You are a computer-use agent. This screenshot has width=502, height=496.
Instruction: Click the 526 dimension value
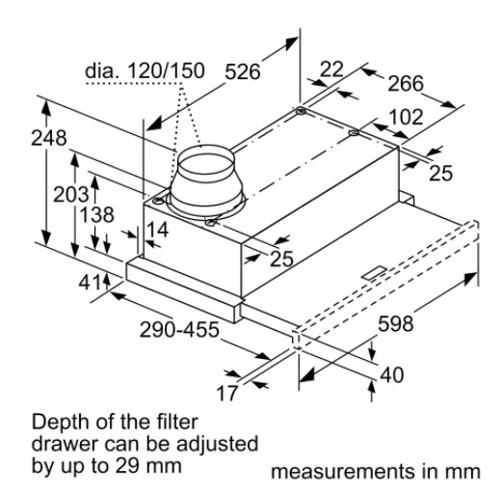242,71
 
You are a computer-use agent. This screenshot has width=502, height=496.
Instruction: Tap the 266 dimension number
406,83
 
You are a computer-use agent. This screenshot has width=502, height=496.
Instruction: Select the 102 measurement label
406,117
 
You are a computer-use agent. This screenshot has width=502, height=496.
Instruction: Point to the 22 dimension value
331,69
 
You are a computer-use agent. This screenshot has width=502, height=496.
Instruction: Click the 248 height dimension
49,138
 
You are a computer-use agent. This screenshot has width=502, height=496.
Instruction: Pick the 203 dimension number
70,195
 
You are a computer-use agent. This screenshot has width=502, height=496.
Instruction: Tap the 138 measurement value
96,215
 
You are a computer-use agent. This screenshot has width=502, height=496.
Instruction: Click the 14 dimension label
157,230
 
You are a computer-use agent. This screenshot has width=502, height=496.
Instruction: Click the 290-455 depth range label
179,329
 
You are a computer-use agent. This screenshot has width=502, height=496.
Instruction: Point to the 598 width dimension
395,323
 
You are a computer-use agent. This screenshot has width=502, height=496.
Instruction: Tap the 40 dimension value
392,375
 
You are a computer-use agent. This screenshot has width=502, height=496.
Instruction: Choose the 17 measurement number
227,393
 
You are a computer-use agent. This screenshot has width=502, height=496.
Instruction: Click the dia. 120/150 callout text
145,70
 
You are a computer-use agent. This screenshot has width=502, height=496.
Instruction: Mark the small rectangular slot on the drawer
375,273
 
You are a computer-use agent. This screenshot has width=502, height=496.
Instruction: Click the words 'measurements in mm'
376,472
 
